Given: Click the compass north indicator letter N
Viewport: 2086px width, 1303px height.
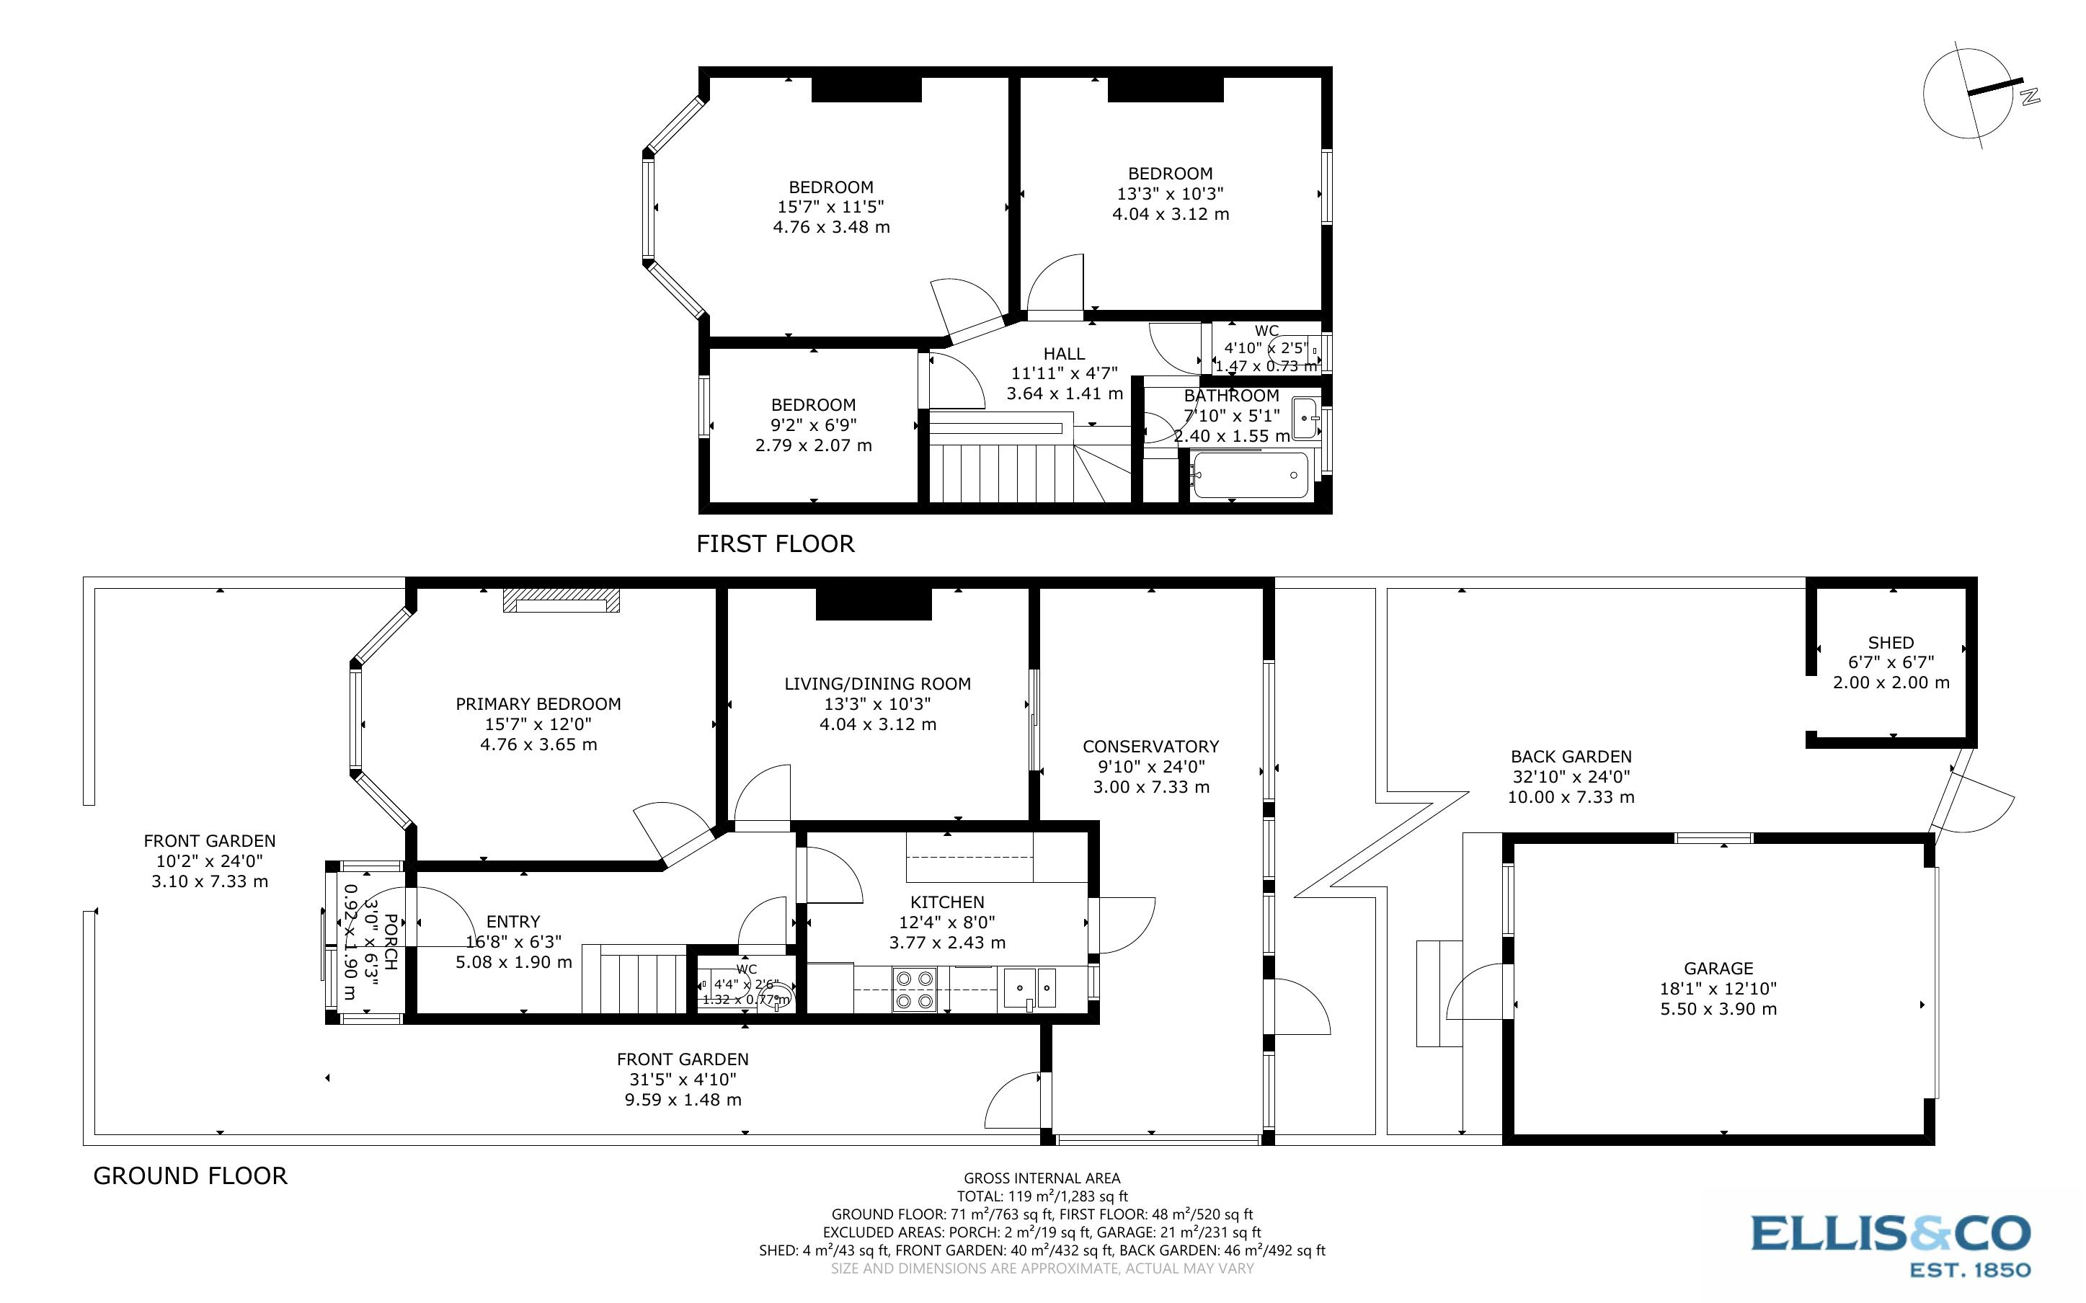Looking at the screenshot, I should [2030, 97].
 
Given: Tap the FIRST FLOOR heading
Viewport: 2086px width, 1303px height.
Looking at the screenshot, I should [775, 544].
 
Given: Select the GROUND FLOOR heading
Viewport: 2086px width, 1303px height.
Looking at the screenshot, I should [190, 1175].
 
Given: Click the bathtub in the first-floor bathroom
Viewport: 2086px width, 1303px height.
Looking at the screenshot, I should [1249, 475].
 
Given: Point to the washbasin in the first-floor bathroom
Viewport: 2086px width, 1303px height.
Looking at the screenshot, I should [1306, 418].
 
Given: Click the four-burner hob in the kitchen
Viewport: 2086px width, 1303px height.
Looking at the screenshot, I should [914, 990].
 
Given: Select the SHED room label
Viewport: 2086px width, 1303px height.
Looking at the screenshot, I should [1891, 643].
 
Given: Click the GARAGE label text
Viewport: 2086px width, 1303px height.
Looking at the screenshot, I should [1718, 969].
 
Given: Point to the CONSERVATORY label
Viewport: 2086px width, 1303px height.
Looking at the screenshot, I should [1150, 747].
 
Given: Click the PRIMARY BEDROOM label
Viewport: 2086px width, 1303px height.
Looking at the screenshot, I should [538, 704].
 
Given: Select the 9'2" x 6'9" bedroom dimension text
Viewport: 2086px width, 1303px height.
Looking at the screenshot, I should [812, 425].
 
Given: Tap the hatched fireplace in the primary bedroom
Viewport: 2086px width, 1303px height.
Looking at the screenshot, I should [561, 600].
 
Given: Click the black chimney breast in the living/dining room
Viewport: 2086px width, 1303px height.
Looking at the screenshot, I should [873, 604].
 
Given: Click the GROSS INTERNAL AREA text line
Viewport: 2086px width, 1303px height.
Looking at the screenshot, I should [1041, 1178].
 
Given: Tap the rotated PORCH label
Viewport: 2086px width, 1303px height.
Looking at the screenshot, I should [389, 942].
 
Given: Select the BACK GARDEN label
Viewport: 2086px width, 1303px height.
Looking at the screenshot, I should [1570, 757].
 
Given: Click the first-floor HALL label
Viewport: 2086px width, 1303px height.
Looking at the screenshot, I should [1063, 353].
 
